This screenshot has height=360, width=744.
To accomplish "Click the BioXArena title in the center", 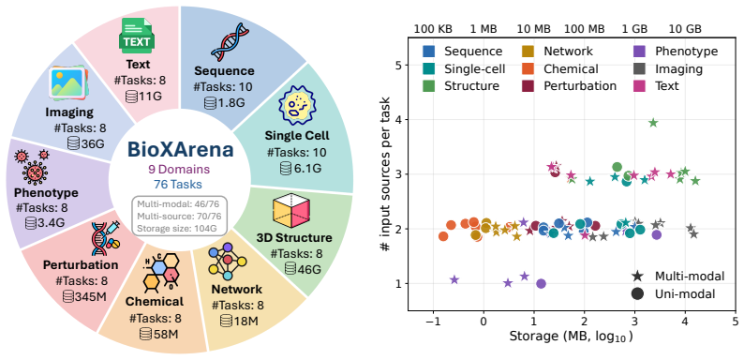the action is (x=180, y=150).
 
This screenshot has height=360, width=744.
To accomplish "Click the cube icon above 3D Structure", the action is (x=291, y=210).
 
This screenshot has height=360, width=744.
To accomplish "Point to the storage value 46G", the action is (x=309, y=268).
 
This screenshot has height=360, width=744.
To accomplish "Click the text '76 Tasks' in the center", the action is (x=180, y=185).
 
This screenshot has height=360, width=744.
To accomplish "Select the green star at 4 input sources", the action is (x=653, y=123).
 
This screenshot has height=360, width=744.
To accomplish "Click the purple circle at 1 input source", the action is (x=541, y=283).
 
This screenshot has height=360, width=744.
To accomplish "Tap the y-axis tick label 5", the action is (x=399, y=65).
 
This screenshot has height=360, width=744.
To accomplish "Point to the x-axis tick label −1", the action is (x=433, y=322).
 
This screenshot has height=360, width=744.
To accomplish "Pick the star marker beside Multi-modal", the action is (x=637, y=277).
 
